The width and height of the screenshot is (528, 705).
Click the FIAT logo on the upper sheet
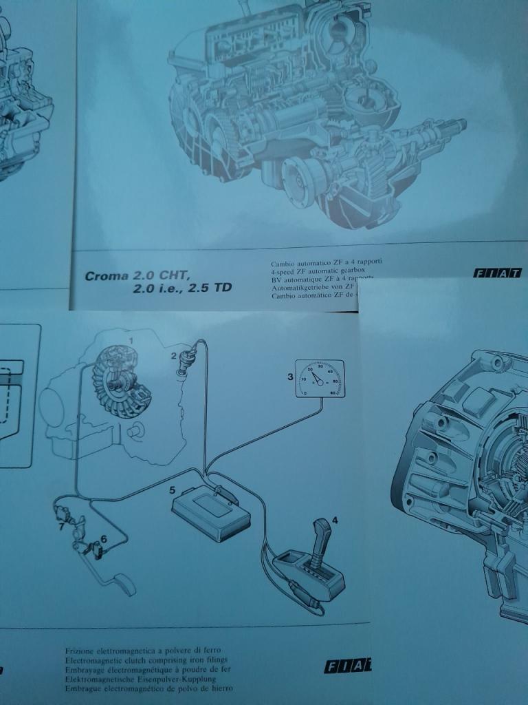click(x=496, y=273)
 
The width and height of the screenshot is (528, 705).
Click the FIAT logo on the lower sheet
click(x=347, y=666)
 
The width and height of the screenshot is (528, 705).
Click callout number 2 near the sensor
click(x=175, y=355)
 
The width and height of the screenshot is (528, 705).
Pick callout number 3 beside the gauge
click(x=290, y=377)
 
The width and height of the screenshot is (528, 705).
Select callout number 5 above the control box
click(x=174, y=491)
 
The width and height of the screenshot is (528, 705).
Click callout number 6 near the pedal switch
click(x=104, y=538)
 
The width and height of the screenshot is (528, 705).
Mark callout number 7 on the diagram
click(x=60, y=527)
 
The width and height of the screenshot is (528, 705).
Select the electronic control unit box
click(x=210, y=509)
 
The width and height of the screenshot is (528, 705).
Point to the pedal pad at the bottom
click(x=126, y=586)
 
